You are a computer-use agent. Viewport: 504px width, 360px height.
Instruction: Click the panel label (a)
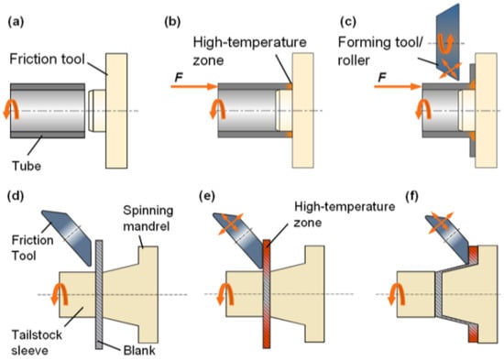point(16,22)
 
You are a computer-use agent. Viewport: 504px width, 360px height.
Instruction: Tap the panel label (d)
point(16,196)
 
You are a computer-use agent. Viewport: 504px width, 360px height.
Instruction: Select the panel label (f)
point(411,196)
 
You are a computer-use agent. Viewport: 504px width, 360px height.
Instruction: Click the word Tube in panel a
point(27,166)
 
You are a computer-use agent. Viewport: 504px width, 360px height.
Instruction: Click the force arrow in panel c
point(398,86)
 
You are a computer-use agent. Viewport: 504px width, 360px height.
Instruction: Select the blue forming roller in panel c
point(447,42)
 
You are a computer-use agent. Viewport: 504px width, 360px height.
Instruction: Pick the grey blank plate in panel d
point(99,294)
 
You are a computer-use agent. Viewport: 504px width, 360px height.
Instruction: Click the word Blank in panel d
point(139,350)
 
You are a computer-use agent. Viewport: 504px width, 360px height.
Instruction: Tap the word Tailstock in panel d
point(37,335)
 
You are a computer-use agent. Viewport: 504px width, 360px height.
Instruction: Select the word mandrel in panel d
point(147,226)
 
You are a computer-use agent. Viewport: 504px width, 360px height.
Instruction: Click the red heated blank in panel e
point(267,294)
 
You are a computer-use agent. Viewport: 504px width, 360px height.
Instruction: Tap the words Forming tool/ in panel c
point(380,42)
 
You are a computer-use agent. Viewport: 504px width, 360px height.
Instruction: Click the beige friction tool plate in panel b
point(302,110)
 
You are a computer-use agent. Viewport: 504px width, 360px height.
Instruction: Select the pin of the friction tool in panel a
point(97,111)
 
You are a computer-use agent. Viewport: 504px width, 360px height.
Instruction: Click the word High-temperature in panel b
point(249,42)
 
